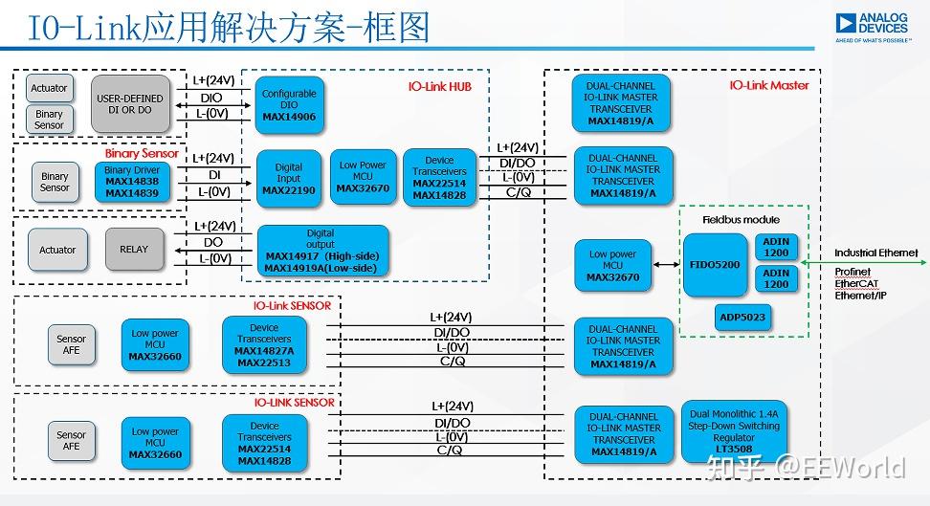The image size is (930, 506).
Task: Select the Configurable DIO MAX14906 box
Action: (x=289, y=105)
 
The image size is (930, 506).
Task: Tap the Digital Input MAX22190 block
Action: (x=289, y=178)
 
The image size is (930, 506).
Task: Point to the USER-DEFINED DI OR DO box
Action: (x=130, y=104)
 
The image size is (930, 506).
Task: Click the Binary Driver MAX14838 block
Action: (x=131, y=182)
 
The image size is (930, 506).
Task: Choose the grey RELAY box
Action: (x=134, y=250)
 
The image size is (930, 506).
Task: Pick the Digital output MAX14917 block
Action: (x=321, y=251)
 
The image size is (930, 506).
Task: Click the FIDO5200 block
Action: (x=716, y=264)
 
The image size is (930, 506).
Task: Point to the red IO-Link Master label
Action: (x=769, y=85)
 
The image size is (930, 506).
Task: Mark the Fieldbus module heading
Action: (x=742, y=220)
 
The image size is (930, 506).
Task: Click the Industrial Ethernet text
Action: (x=875, y=253)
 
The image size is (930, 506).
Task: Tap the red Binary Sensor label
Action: (x=142, y=153)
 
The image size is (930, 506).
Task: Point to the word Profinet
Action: (x=852, y=272)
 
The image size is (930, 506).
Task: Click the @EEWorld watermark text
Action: (x=840, y=466)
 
